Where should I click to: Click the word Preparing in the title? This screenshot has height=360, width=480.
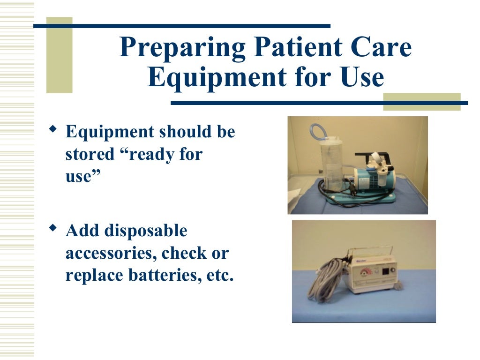181,48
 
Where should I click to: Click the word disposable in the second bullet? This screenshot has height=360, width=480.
145,231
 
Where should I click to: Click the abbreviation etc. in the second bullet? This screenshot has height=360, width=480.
220,275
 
